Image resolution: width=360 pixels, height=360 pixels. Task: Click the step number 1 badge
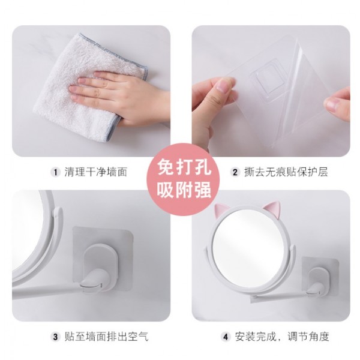point(55,172)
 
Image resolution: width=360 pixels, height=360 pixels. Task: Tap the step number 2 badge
point(235,172)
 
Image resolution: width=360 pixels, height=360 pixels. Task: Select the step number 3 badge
point(55,337)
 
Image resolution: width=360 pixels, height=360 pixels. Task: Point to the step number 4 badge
point(226,337)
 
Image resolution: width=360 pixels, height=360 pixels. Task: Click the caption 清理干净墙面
point(95,172)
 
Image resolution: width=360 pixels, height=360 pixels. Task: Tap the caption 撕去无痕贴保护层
point(286,172)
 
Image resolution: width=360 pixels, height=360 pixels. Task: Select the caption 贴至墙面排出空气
point(106,337)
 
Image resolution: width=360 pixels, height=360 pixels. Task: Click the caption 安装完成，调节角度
point(282,337)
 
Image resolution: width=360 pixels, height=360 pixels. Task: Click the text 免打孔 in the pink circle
point(184,167)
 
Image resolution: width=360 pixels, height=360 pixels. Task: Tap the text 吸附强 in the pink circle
point(184,190)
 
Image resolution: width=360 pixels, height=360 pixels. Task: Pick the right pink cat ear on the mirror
point(272,208)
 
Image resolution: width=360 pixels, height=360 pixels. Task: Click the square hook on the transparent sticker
point(268,78)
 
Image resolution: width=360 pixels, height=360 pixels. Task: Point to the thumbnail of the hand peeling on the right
point(337,103)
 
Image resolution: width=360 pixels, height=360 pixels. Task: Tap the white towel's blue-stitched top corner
point(80,35)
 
